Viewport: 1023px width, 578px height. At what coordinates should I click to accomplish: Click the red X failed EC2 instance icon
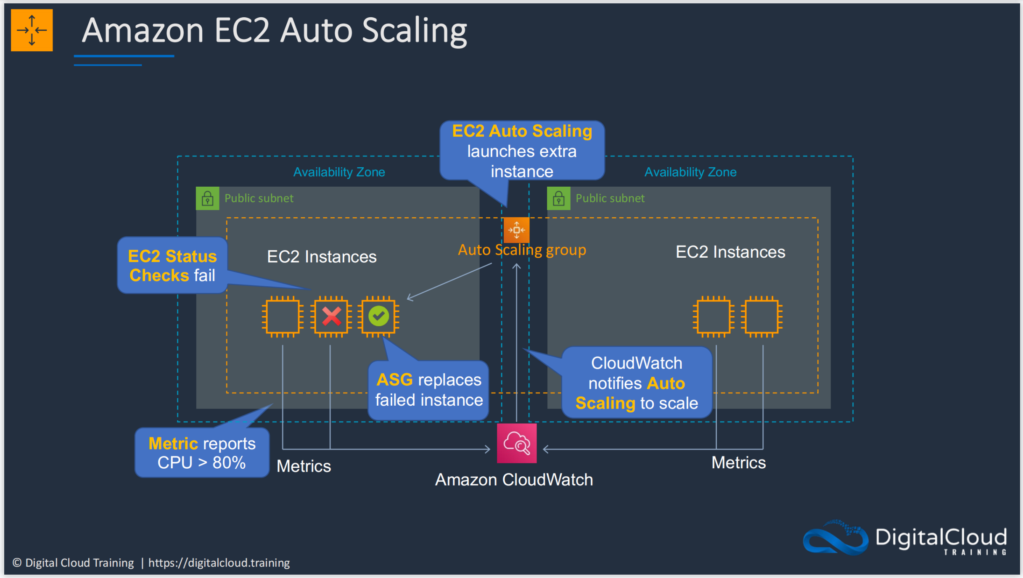pyautogui.click(x=331, y=317)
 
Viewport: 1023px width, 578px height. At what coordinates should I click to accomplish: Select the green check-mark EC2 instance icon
pyautogui.click(x=378, y=317)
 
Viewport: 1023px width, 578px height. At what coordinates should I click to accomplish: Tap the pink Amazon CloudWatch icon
pyautogui.click(x=517, y=443)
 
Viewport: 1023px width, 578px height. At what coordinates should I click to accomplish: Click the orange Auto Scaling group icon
pyautogui.click(x=516, y=230)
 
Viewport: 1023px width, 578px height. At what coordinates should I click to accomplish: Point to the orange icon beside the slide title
pyautogui.click(x=32, y=30)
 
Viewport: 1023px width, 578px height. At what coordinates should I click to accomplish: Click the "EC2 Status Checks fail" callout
pyautogui.click(x=172, y=265)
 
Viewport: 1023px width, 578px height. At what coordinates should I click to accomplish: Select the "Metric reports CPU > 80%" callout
pyautogui.click(x=202, y=453)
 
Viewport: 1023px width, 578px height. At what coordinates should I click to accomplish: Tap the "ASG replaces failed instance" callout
pyautogui.click(x=428, y=390)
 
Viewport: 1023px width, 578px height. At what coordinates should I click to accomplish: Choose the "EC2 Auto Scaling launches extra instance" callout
pyautogui.click(x=522, y=150)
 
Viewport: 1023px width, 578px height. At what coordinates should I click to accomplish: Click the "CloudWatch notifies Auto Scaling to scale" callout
pyautogui.click(x=637, y=383)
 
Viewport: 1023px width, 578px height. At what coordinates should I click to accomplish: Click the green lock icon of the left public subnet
pyautogui.click(x=208, y=198)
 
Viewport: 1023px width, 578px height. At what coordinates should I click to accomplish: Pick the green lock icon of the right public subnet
pyautogui.click(x=559, y=198)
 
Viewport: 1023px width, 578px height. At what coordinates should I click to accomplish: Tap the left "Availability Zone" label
pyautogui.click(x=339, y=172)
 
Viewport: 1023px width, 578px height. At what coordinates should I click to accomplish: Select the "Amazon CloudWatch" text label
pyautogui.click(x=514, y=480)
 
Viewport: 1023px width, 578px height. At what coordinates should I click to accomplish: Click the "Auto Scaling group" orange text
pyautogui.click(x=522, y=250)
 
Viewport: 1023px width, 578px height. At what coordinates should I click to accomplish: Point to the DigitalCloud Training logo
pyautogui.click(x=905, y=538)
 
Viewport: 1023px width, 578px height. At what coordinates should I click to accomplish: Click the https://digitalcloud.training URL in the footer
pyautogui.click(x=219, y=562)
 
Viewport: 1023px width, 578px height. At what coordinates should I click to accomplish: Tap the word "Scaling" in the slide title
pyautogui.click(x=415, y=31)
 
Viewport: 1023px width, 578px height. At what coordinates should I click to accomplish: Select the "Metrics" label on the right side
pyautogui.click(x=738, y=462)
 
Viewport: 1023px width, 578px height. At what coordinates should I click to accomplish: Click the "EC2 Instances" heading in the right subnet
pyautogui.click(x=730, y=252)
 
